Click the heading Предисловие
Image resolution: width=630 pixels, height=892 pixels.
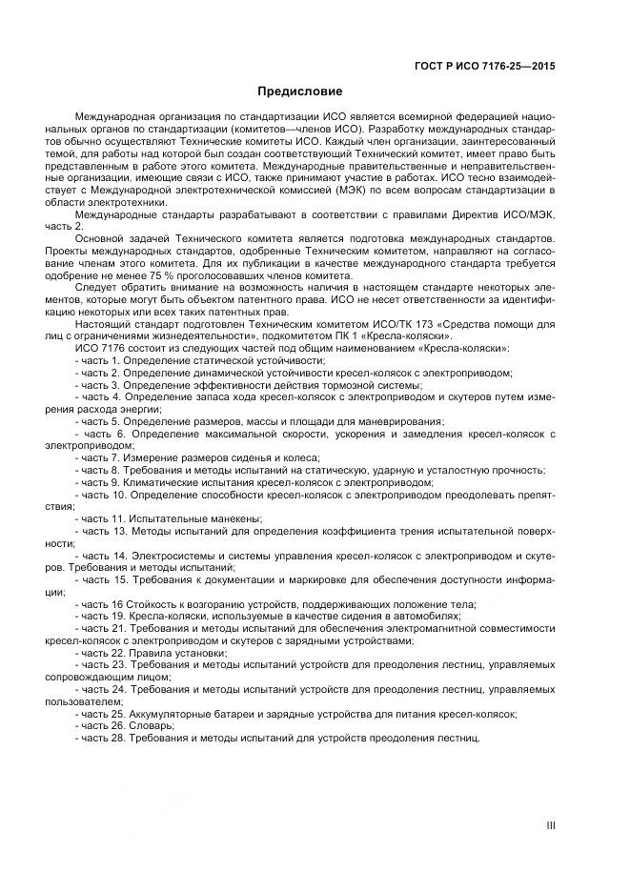pyautogui.click(x=301, y=92)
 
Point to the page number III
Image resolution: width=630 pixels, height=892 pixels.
pyautogui.click(x=550, y=826)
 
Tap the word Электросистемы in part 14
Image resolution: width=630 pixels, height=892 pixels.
pyautogui.click(x=175, y=555)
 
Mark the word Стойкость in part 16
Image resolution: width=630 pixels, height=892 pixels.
pyautogui.click(x=154, y=604)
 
